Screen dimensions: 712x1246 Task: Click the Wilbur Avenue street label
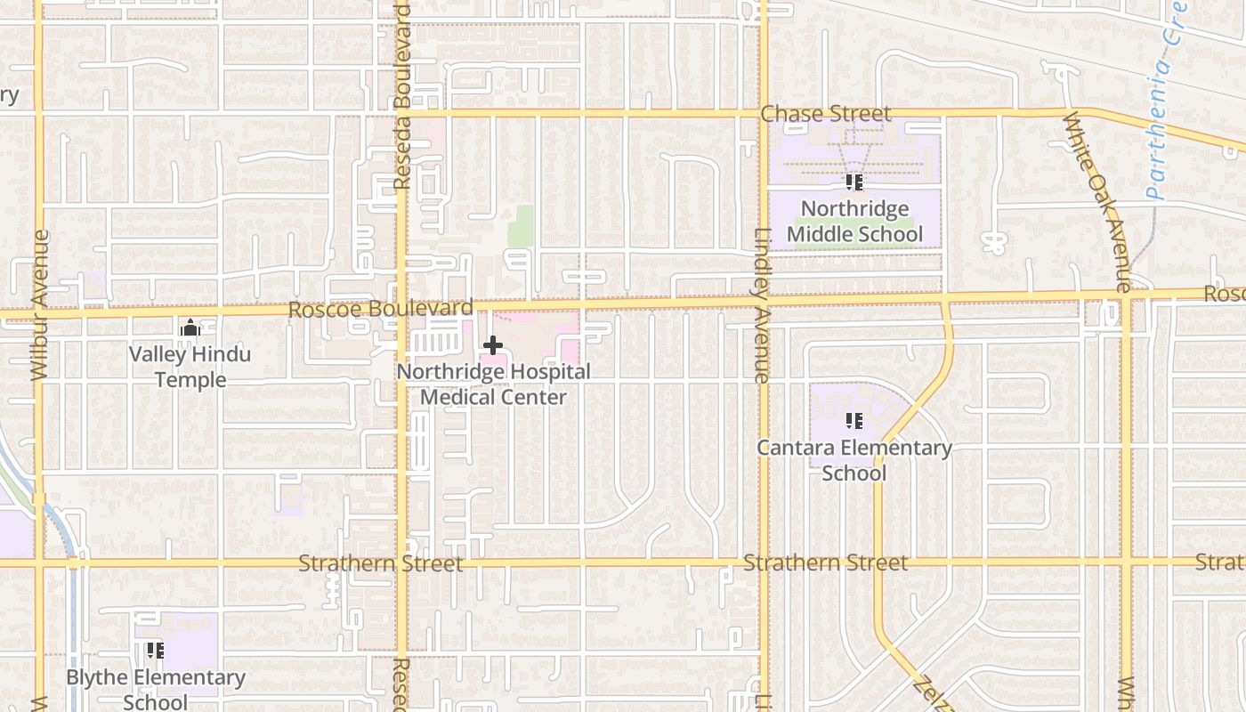point(39,305)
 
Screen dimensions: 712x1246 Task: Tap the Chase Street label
point(825,114)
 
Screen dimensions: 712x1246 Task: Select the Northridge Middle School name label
point(854,222)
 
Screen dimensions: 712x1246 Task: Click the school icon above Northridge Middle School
point(854,182)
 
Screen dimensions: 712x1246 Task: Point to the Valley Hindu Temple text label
point(190,367)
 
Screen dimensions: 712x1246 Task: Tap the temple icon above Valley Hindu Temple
point(190,328)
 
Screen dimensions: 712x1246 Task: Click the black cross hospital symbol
point(493,345)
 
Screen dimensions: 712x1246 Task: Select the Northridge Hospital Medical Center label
point(493,384)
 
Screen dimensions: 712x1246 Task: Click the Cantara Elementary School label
point(854,459)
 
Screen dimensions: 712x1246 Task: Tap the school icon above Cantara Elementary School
point(854,421)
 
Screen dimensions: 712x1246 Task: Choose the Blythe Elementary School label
point(156,689)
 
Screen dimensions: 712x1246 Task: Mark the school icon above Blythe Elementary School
point(156,651)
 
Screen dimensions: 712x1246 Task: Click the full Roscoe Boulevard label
point(381,310)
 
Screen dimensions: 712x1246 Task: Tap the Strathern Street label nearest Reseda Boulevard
point(380,563)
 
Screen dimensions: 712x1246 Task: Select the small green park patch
point(521,226)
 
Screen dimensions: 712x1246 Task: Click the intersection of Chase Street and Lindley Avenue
point(764,113)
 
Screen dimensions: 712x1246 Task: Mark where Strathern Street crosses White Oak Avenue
point(1127,562)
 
